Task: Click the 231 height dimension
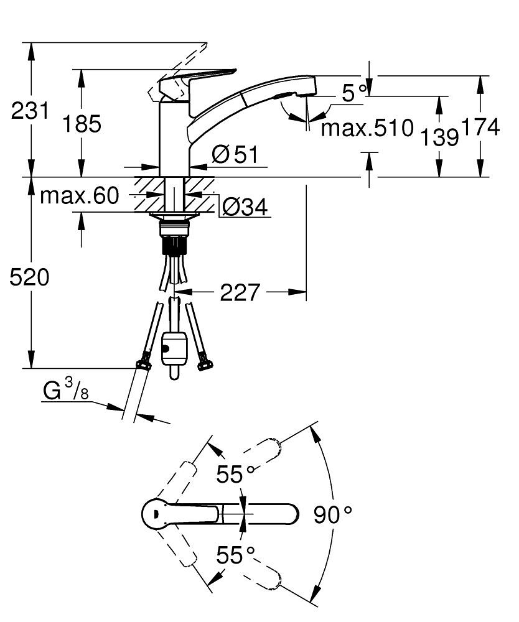tap(30, 112)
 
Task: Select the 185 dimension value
tap(82, 124)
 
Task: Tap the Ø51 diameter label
tap(234, 154)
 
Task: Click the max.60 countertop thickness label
tap(79, 197)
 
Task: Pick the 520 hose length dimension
tap(29, 277)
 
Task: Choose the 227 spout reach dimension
tap(240, 292)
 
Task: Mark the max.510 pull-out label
tap(367, 129)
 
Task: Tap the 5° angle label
tap(354, 93)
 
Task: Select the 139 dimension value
tap(440, 136)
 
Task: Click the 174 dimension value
tap(480, 127)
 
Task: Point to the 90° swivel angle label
tap(332, 514)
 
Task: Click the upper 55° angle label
tap(236, 475)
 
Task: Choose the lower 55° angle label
tap(236, 554)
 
